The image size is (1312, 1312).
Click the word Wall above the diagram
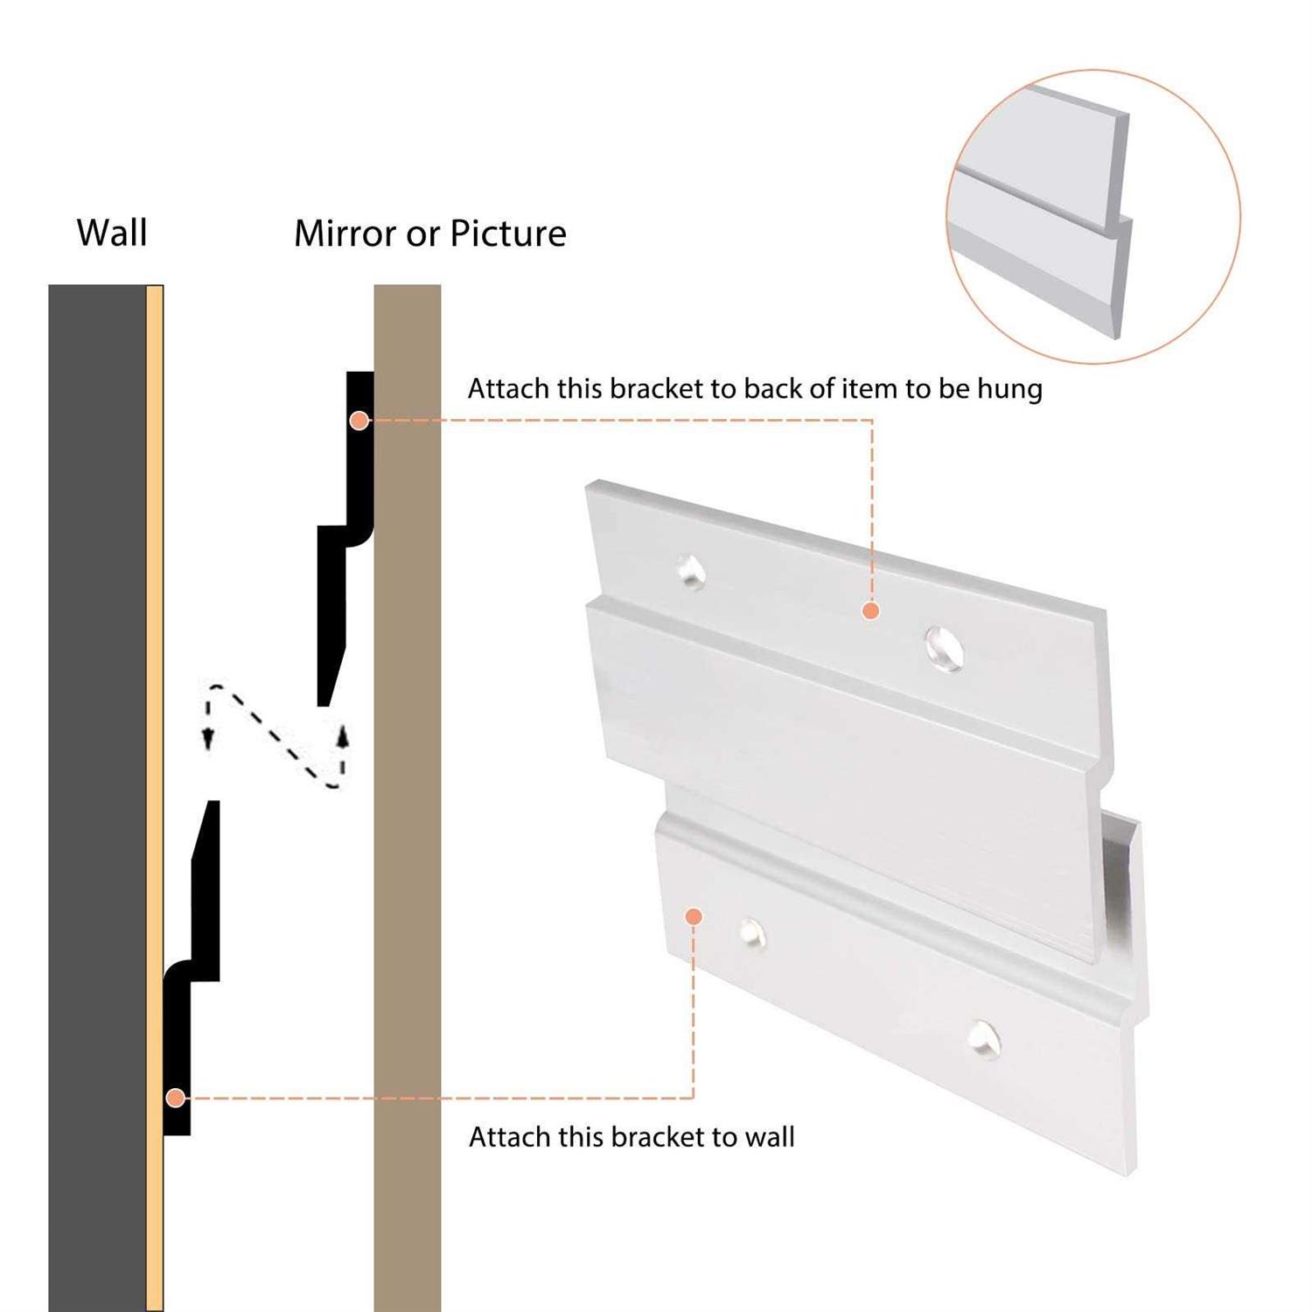coord(112,233)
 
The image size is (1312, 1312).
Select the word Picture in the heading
coord(508,233)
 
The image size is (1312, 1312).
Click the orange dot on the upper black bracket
coord(359,421)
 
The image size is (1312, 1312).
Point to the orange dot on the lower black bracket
coord(176,1098)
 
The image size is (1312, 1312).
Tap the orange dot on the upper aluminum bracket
coord(870,611)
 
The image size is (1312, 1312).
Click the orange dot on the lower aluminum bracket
coord(694,916)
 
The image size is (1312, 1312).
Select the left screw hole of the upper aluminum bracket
coord(691,571)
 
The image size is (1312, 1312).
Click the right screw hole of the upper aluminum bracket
coord(945,648)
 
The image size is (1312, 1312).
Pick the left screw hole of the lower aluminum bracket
coord(752,933)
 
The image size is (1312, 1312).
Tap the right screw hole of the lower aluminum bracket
coord(984,1038)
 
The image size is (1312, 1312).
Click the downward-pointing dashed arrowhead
coord(208,739)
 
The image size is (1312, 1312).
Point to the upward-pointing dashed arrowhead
coord(343,736)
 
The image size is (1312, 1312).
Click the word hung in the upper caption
coord(1009,388)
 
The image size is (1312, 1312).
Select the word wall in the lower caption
coord(770,1136)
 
